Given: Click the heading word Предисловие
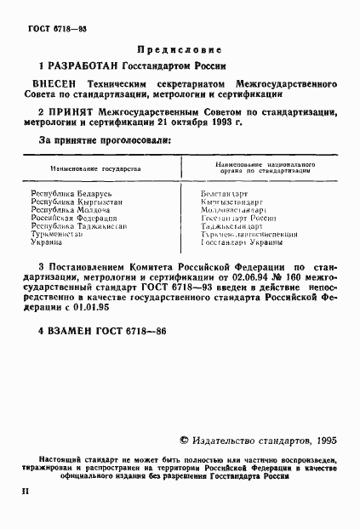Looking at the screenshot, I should tap(180, 50).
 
